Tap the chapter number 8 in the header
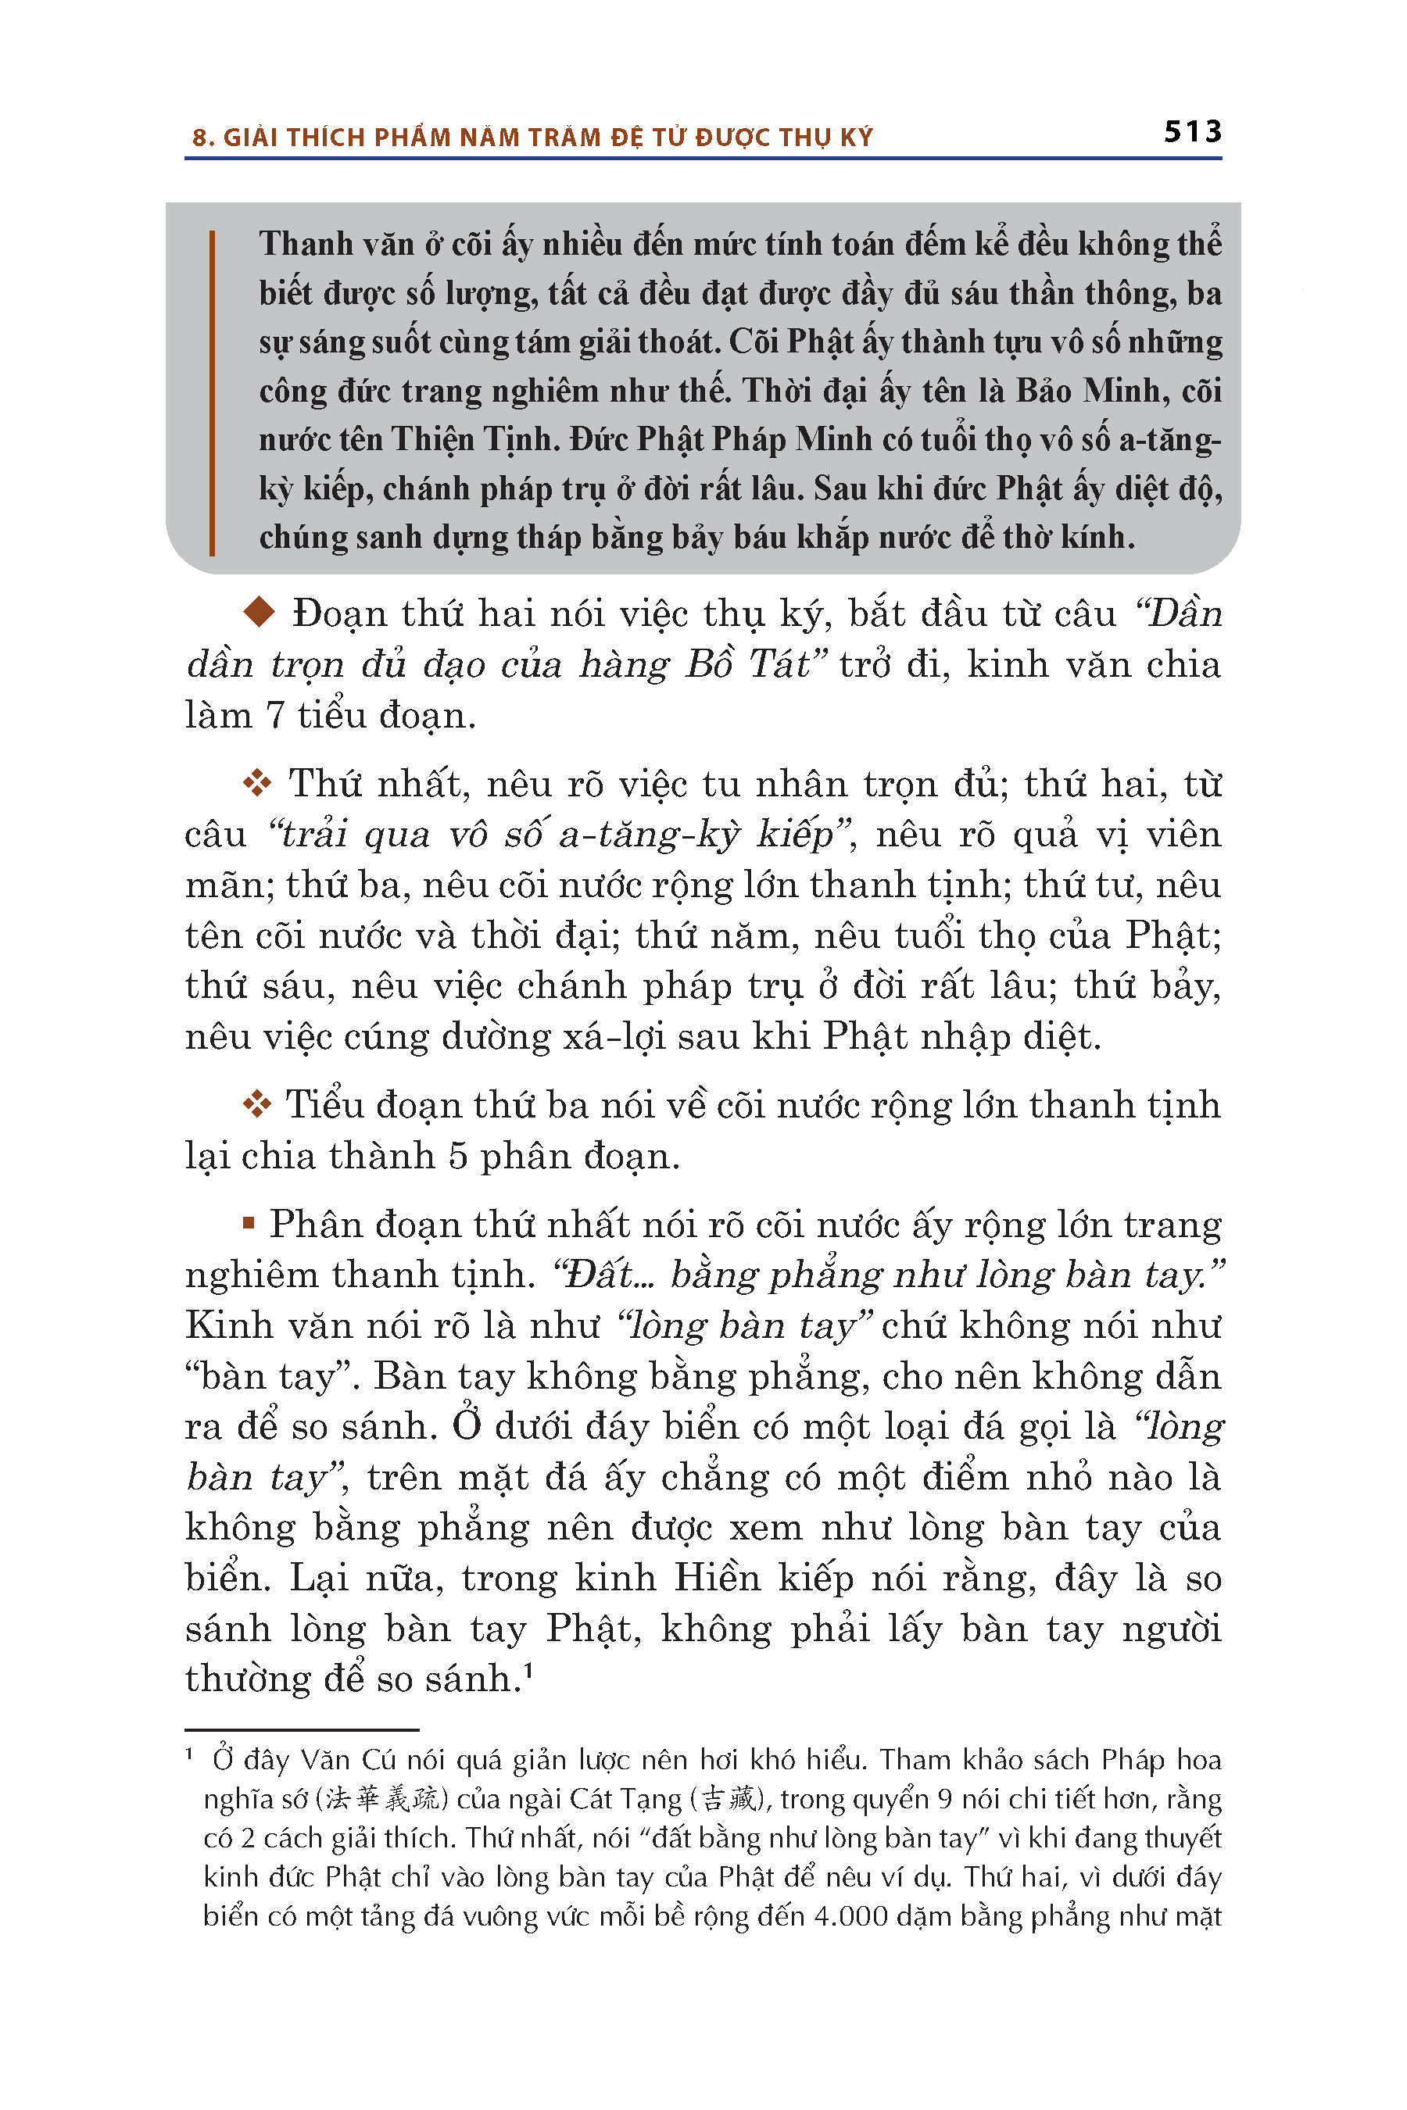click(x=199, y=138)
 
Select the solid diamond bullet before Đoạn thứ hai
click(x=260, y=613)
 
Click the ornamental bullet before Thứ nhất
click(x=257, y=783)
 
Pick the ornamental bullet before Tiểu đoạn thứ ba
click(x=257, y=1104)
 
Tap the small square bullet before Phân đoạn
click(x=249, y=1224)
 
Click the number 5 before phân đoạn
click(x=457, y=1157)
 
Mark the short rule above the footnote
click(x=302, y=1729)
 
